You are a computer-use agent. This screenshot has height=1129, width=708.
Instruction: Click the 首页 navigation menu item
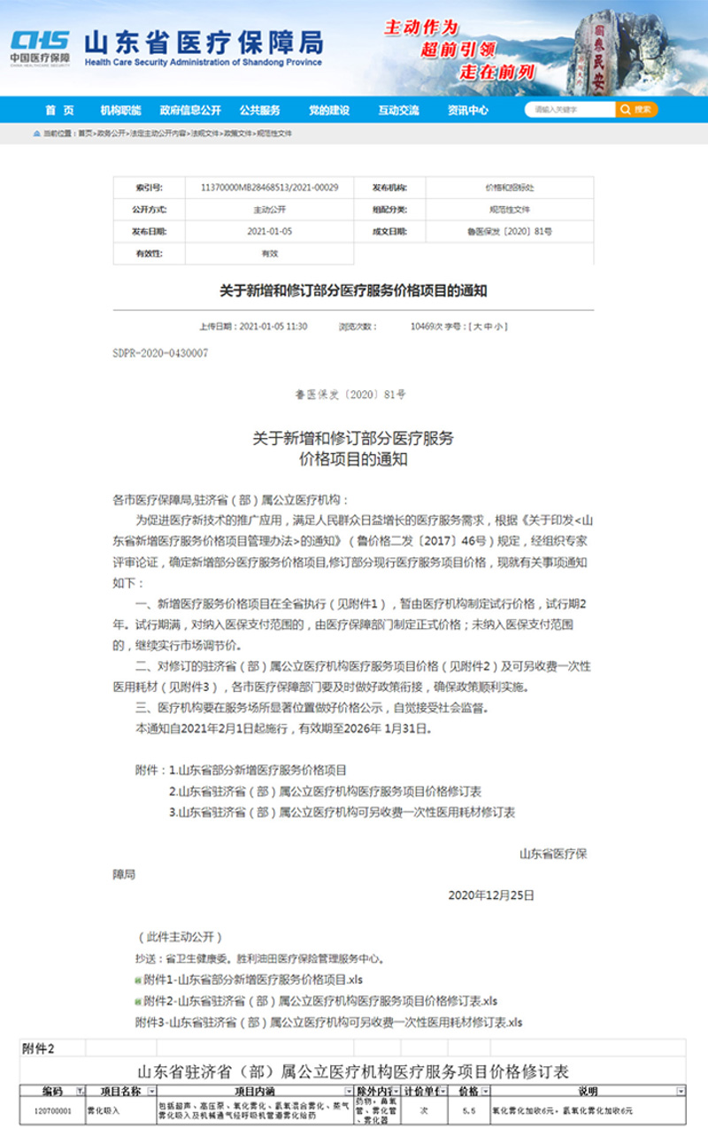click(59, 111)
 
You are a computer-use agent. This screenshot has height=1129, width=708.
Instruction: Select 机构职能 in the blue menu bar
click(120, 111)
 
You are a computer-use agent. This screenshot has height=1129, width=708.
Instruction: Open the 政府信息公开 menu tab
click(189, 111)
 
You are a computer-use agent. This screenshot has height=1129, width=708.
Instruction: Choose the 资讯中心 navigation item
click(467, 111)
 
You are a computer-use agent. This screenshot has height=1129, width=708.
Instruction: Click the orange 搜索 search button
click(637, 110)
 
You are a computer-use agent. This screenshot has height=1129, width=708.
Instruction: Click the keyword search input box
click(569, 110)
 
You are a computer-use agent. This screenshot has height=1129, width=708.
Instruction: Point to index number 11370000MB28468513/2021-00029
click(270, 188)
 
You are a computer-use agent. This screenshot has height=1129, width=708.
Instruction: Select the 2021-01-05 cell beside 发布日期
click(270, 231)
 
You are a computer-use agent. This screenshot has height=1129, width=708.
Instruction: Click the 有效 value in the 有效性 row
click(270, 253)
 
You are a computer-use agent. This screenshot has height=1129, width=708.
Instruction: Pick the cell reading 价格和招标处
click(509, 188)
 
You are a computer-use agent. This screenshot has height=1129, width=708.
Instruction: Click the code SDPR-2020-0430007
click(160, 352)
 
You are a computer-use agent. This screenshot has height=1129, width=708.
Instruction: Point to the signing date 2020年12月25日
click(491, 895)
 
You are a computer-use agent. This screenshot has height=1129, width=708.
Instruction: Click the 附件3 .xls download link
click(328, 1022)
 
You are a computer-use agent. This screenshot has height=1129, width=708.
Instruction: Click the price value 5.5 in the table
click(469, 1110)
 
